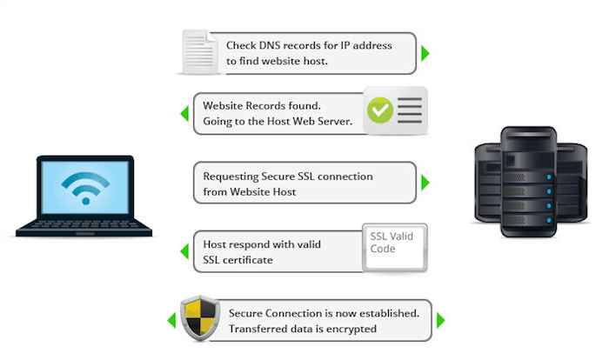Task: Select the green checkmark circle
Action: (x=379, y=110)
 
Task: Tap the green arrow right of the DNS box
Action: (x=425, y=53)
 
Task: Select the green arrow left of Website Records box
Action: (x=184, y=114)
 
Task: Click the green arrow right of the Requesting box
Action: (x=425, y=183)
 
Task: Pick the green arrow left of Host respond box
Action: (x=184, y=252)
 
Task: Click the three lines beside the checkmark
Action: (x=411, y=110)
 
